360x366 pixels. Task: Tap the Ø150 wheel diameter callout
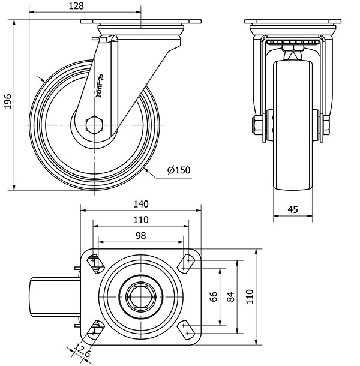[x=179, y=170]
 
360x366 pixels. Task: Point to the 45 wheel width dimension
[x=293, y=209]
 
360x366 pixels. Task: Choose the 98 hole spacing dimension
[x=140, y=236]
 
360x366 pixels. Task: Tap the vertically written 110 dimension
[x=251, y=296]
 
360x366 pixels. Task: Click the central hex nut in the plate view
[x=140, y=296]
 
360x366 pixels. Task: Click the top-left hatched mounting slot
[x=95, y=263]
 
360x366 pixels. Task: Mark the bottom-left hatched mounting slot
[x=95, y=328]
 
